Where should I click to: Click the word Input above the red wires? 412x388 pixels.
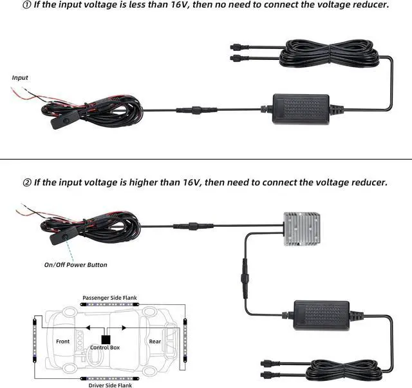tap(21, 78)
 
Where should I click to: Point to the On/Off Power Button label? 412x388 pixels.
tap(76, 265)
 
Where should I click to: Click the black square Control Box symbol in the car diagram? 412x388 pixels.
tap(105, 339)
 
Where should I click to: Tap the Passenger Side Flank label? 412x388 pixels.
tap(109, 298)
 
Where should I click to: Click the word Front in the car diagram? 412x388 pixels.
tap(62, 342)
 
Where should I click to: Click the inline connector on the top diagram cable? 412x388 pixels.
tap(192, 110)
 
